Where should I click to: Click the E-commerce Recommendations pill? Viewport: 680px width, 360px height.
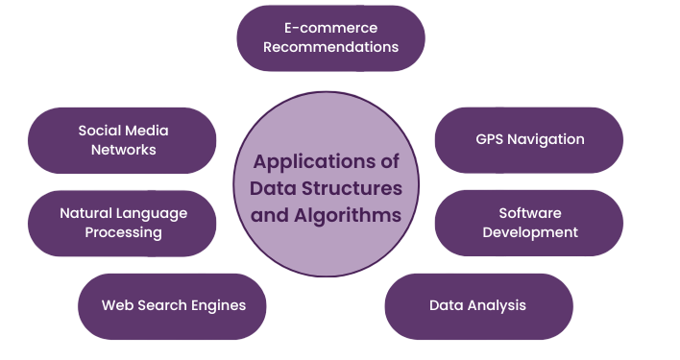click(x=330, y=37)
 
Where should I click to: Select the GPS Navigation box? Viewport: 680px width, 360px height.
click(x=529, y=139)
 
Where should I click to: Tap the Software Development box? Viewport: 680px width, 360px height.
click(x=529, y=223)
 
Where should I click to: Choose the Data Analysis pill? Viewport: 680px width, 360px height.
click(x=477, y=306)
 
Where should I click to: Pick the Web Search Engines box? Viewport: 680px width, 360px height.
click(x=173, y=306)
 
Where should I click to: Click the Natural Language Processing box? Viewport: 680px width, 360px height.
click(x=123, y=223)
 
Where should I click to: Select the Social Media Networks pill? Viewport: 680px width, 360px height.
click(x=123, y=139)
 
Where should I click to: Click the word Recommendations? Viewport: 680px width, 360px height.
click(x=331, y=46)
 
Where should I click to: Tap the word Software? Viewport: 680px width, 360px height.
click(x=530, y=213)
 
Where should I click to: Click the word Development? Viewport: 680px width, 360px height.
click(x=530, y=232)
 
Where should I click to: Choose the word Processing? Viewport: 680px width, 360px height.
click(x=123, y=232)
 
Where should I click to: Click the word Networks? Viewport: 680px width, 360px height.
click(x=123, y=150)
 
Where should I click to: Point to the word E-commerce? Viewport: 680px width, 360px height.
click(x=331, y=28)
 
